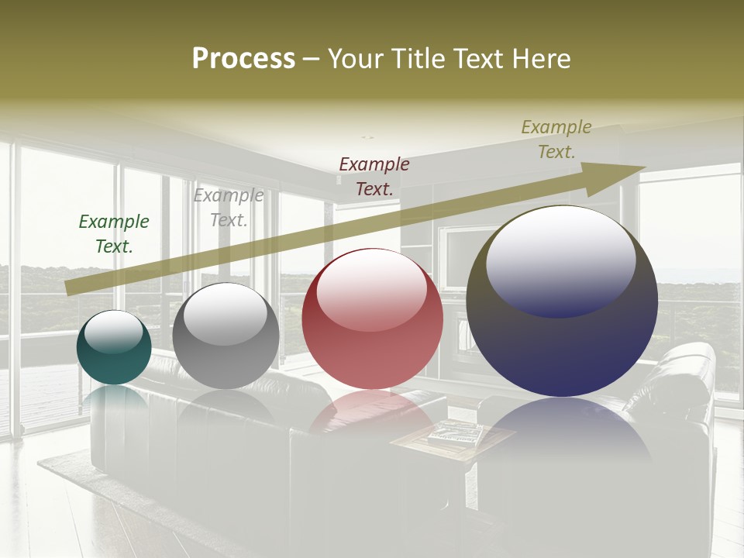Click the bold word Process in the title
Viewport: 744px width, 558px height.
click(243, 59)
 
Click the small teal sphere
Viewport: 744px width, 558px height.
click(114, 348)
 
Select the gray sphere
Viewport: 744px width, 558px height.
click(226, 336)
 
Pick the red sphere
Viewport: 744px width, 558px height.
click(372, 319)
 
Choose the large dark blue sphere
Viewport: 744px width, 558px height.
click(562, 301)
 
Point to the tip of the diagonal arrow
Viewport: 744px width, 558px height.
click(644, 167)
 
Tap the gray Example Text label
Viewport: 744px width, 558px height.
click(229, 208)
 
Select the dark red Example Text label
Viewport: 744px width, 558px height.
click(374, 176)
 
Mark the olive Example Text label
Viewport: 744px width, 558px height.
click(556, 139)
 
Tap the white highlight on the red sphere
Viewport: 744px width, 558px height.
click(372, 288)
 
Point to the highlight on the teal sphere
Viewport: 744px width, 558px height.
click(114, 332)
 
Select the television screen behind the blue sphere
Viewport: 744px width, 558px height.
click(465, 256)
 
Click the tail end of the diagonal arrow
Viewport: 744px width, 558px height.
click(68, 288)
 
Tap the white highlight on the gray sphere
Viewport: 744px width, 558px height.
click(225, 314)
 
